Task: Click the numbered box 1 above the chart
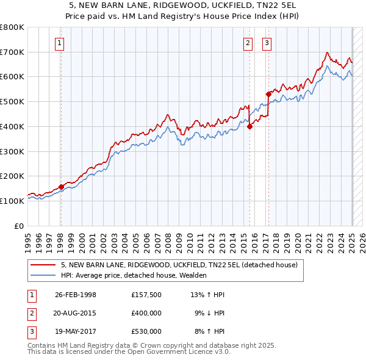60,43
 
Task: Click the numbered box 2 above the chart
248,43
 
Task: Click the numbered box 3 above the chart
267,43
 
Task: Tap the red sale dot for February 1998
61,187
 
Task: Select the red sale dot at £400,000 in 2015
249,126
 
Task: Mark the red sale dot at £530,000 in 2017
268,94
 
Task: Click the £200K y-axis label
13,176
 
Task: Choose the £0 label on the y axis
20,226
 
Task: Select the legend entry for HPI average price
134,275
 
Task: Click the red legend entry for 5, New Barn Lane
179,265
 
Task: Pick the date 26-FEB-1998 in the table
76,295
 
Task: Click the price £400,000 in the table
146,313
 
